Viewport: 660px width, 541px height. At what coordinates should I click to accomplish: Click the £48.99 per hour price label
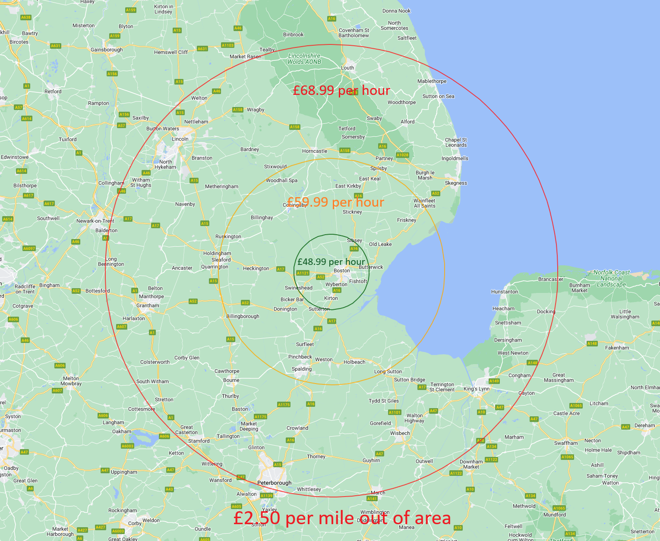[331, 262]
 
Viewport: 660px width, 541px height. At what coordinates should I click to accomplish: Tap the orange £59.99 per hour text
[335, 202]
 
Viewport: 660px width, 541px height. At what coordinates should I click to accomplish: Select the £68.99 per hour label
[341, 90]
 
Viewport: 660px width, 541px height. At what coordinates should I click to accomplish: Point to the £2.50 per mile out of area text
[342, 518]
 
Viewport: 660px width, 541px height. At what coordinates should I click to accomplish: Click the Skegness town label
[456, 183]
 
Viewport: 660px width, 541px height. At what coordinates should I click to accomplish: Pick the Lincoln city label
[180, 139]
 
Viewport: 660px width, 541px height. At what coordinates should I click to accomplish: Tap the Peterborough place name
[274, 483]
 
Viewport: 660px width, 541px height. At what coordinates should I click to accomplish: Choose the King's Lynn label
[477, 389]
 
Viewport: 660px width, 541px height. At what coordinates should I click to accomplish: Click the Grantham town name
[148, 305]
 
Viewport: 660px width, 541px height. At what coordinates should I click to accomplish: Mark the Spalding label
[301, 369]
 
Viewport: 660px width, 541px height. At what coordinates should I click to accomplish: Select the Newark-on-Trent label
[95, 221]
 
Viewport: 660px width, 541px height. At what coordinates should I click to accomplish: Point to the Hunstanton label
[504, 292]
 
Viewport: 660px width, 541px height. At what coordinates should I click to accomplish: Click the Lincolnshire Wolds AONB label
[304, 59]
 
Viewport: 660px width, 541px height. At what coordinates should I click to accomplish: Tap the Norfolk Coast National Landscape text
[611, 278]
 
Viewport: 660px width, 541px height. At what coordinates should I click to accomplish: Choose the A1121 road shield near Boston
[303, 273]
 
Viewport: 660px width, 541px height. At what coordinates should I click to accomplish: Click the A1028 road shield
[402, 155]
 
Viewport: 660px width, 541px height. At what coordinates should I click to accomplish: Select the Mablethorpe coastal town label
[432, 81]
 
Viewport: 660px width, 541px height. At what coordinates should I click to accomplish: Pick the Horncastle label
[314, 151]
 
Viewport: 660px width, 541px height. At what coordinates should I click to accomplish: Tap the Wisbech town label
[400, 433]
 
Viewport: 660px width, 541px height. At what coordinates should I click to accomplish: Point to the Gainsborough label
[107, 50]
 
